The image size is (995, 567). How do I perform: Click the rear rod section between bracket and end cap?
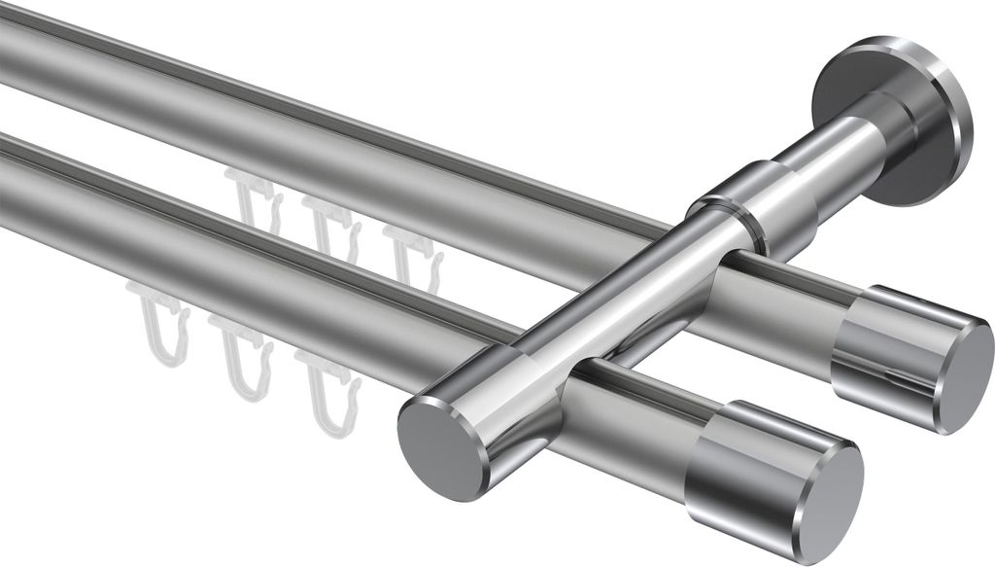point(777,301)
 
